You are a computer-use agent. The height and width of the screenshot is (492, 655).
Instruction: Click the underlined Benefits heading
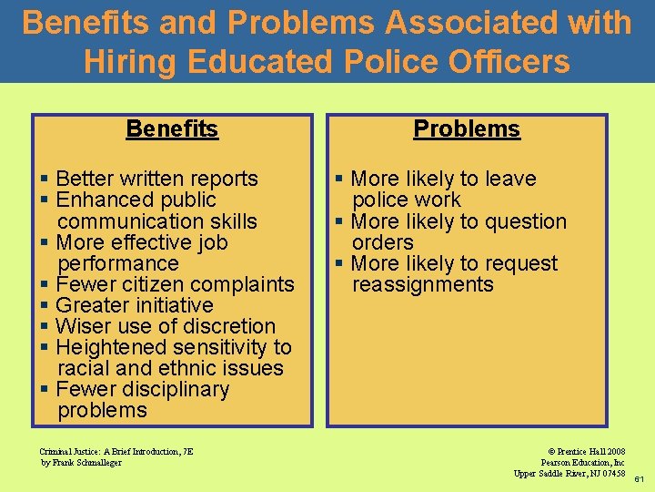click(x=172, y=129)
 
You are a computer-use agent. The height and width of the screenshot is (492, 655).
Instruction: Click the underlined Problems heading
click(x=467, y=129)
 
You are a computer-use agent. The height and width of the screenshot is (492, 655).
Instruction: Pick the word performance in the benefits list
click(x=118, y=263)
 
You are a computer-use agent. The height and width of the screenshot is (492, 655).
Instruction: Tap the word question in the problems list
click(x=526, y=221)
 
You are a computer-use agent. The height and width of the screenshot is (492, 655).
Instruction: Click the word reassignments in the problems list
click(x=423, y=284)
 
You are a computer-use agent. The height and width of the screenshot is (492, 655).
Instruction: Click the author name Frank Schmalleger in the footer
click(x=87, y=462)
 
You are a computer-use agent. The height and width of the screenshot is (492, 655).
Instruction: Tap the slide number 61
click(x=640, y=478)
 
